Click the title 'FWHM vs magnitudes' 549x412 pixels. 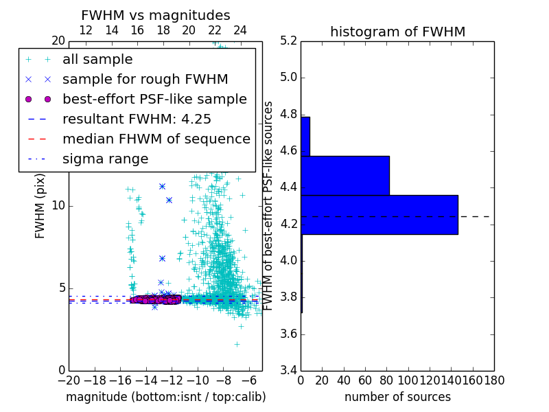[156, 16]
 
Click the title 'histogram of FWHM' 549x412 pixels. [397, 32]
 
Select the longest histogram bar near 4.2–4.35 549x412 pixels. [379, 215]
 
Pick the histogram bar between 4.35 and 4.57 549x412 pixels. [345, 176]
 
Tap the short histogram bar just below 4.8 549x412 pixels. [305, 137]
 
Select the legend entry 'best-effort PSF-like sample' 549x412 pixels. [154, 99]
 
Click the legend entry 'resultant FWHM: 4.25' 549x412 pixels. [135, 119]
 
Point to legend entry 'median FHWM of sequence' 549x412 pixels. [156, 139]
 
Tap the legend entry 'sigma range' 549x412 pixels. [105, 159]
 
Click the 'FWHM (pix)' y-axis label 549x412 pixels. [40, 205]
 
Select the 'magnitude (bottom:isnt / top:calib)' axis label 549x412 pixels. [165, 397]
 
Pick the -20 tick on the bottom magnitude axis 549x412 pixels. [69, 380]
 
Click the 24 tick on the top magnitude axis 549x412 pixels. [240, 30]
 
